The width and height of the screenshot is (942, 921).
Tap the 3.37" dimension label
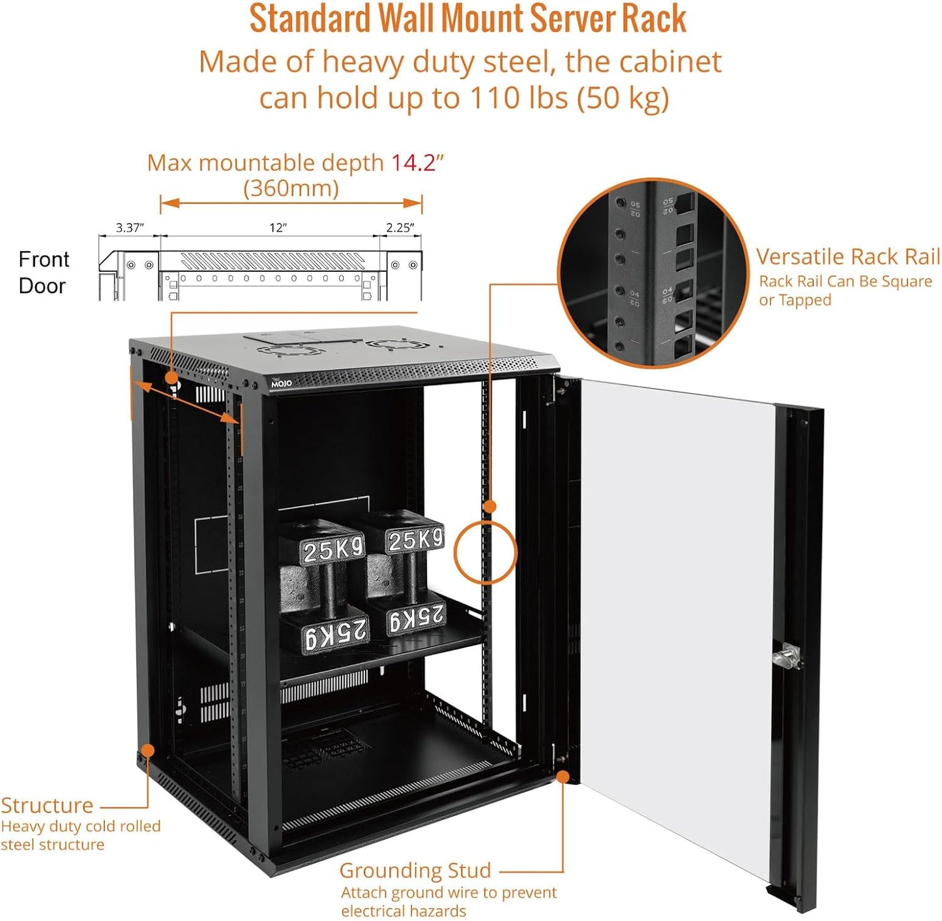coord(129,227)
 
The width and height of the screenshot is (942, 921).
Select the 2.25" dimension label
coord(400,227)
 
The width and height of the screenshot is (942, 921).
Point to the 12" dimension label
coord(278,227)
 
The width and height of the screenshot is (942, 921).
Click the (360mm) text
coord(291,188)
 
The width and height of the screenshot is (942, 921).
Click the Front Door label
coord(43,272)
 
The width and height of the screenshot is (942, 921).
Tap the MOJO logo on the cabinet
coord(281,383)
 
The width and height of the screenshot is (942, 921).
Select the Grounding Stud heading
coord(415,870)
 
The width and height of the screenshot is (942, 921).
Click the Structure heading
coord(47,805)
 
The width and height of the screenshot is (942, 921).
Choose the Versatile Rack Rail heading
coord(847,257)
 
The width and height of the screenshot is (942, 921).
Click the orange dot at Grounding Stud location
coord(563,776)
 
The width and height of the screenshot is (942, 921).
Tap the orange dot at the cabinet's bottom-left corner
coord(148,750)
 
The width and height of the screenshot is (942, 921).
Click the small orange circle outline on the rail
coord(485,553)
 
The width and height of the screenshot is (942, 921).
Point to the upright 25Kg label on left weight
coord(332,549)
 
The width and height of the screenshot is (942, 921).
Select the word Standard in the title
coord(310,19)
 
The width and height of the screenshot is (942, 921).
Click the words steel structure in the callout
coord(52,845)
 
